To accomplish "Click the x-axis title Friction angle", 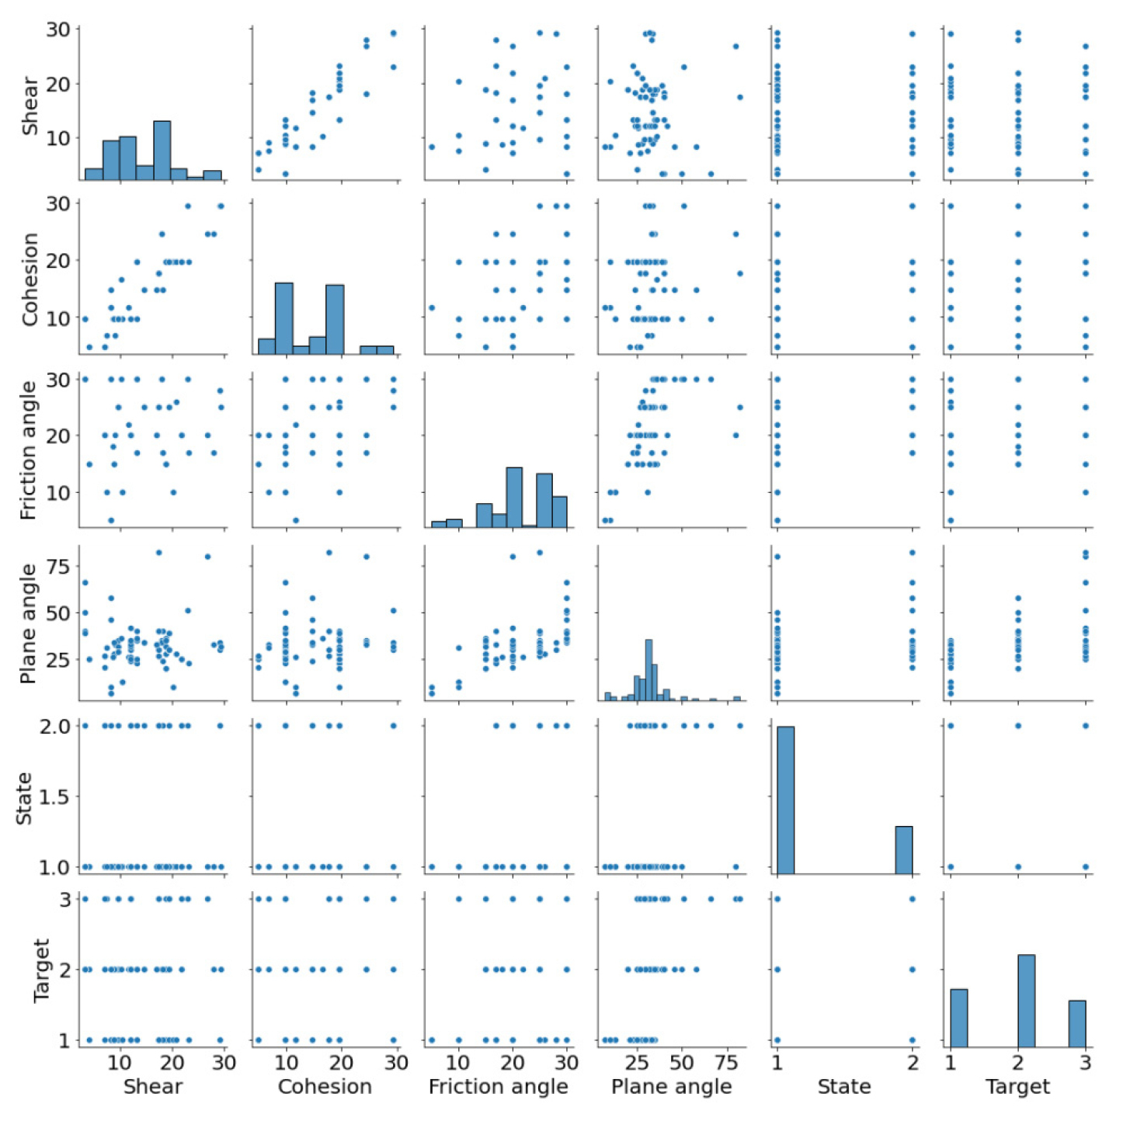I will click(x=498, y=1087).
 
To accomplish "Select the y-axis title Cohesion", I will click(x=30, y=279).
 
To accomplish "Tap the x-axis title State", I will click(x=843, y=1087).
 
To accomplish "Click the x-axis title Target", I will click(x=1017, y=1087).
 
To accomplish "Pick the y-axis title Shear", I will click(x=30, y=106).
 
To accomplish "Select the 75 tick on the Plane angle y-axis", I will click(x=59, y=566).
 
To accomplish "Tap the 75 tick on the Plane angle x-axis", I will click(x=727, y=1062).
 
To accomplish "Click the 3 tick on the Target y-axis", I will click(x=65, y=899).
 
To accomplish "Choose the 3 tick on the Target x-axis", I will click(x=1086, y=1062).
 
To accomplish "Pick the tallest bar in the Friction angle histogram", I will click(x=514, y=498).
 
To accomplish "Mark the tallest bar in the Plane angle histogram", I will click(x=648, y=670).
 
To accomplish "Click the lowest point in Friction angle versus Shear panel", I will click(x=111, y=520).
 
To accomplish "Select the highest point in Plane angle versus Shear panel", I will click(x=158, y=553).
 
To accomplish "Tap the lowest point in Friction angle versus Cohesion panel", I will click(x=295, y=520).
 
